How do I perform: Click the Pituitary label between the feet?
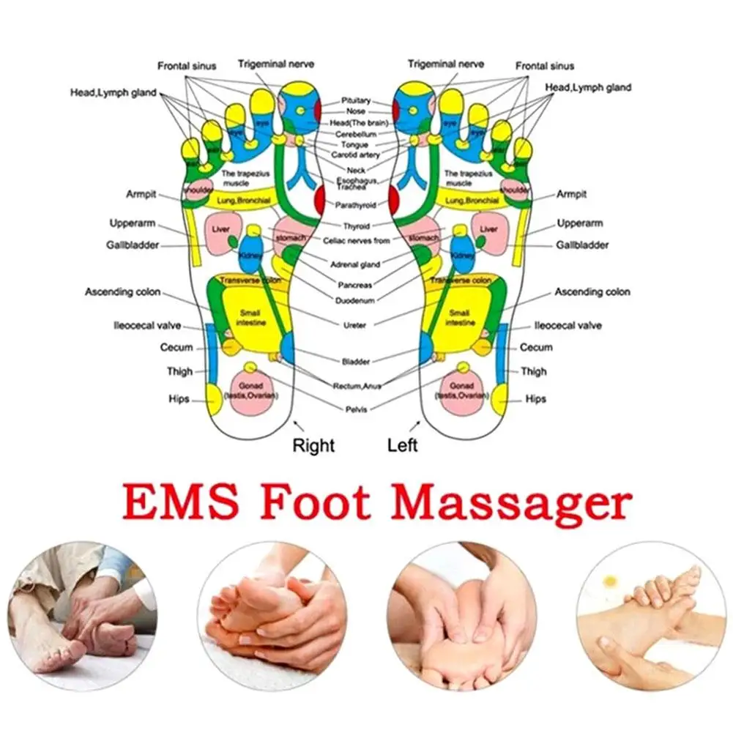[x=356, y=100]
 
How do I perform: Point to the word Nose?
[x=356, y=111]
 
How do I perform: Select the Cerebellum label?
[x=356, y=135]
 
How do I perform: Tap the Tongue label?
[x=356, y=145]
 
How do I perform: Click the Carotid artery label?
[x=356, y=155]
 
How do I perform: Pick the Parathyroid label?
[x=356, y=205]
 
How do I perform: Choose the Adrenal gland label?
[x=356, y=264]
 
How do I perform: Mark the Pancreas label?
[x=356, y=285]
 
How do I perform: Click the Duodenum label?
[x=356, y=300]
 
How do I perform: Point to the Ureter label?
[x=356, y=324]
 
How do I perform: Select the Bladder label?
[x=356, y=361]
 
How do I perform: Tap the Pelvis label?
[x=356, y=409]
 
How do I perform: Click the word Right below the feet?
[x=313, y=444]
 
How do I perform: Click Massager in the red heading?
[x=510, y=505]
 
